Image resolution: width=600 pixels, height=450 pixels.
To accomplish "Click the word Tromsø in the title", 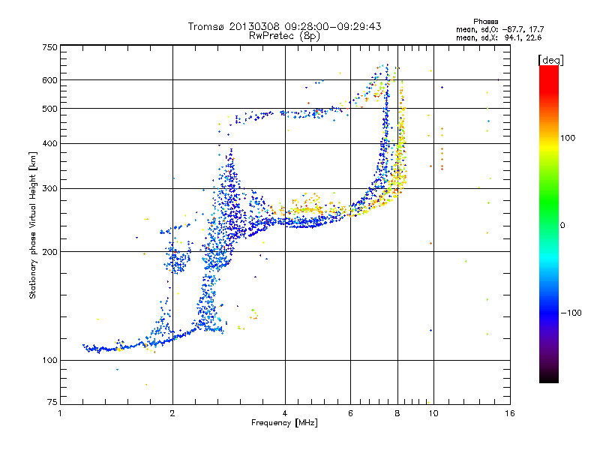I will point(204,26).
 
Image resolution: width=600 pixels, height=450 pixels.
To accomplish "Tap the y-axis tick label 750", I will point(50,47).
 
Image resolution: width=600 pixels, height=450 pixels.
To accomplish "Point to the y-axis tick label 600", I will point(50,80).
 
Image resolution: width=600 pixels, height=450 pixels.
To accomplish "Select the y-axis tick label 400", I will point(50,143).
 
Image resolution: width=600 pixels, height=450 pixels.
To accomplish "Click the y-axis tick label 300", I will point(50,188).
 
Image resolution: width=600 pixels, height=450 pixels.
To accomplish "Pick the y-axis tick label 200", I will point(50,252).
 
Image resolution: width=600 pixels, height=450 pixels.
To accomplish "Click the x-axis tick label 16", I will point(508,413).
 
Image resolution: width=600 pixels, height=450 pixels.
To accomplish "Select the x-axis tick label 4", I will point(285,413).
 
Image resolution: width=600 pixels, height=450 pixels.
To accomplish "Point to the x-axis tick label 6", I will point(351,413).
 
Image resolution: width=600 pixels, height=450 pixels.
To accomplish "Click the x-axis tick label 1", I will point(61,413).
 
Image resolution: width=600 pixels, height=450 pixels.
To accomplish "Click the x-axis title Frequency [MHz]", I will point(284,423).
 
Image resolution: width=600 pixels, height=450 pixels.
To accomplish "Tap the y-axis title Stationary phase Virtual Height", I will point(33,225).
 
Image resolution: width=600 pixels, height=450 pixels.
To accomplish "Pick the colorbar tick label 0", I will point(563,225).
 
